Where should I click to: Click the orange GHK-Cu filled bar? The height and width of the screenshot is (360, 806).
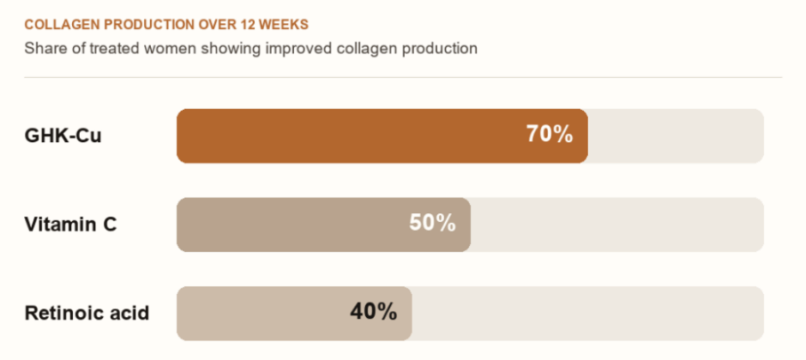point(382,136)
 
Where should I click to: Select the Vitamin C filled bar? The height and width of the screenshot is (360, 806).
point(324,225)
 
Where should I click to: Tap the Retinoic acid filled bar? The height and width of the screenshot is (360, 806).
point(294,313)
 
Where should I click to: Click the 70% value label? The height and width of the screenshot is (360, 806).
point(550,135)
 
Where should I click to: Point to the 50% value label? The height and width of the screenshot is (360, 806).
point(432,223)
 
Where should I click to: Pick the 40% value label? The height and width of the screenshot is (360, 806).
point(374,312)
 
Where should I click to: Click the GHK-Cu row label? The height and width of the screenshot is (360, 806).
point(63,136)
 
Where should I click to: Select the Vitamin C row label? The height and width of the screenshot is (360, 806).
point(70,225)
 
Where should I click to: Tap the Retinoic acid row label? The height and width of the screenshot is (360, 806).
point(87,313)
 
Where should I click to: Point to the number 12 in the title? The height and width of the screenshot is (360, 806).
point(250,25)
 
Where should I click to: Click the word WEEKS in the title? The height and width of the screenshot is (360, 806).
point(285,25)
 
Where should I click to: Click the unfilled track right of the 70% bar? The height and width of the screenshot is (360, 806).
point(676,136)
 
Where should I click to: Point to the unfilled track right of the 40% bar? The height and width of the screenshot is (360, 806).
point(587,313)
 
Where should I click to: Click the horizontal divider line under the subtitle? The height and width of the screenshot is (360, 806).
point(403,77)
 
